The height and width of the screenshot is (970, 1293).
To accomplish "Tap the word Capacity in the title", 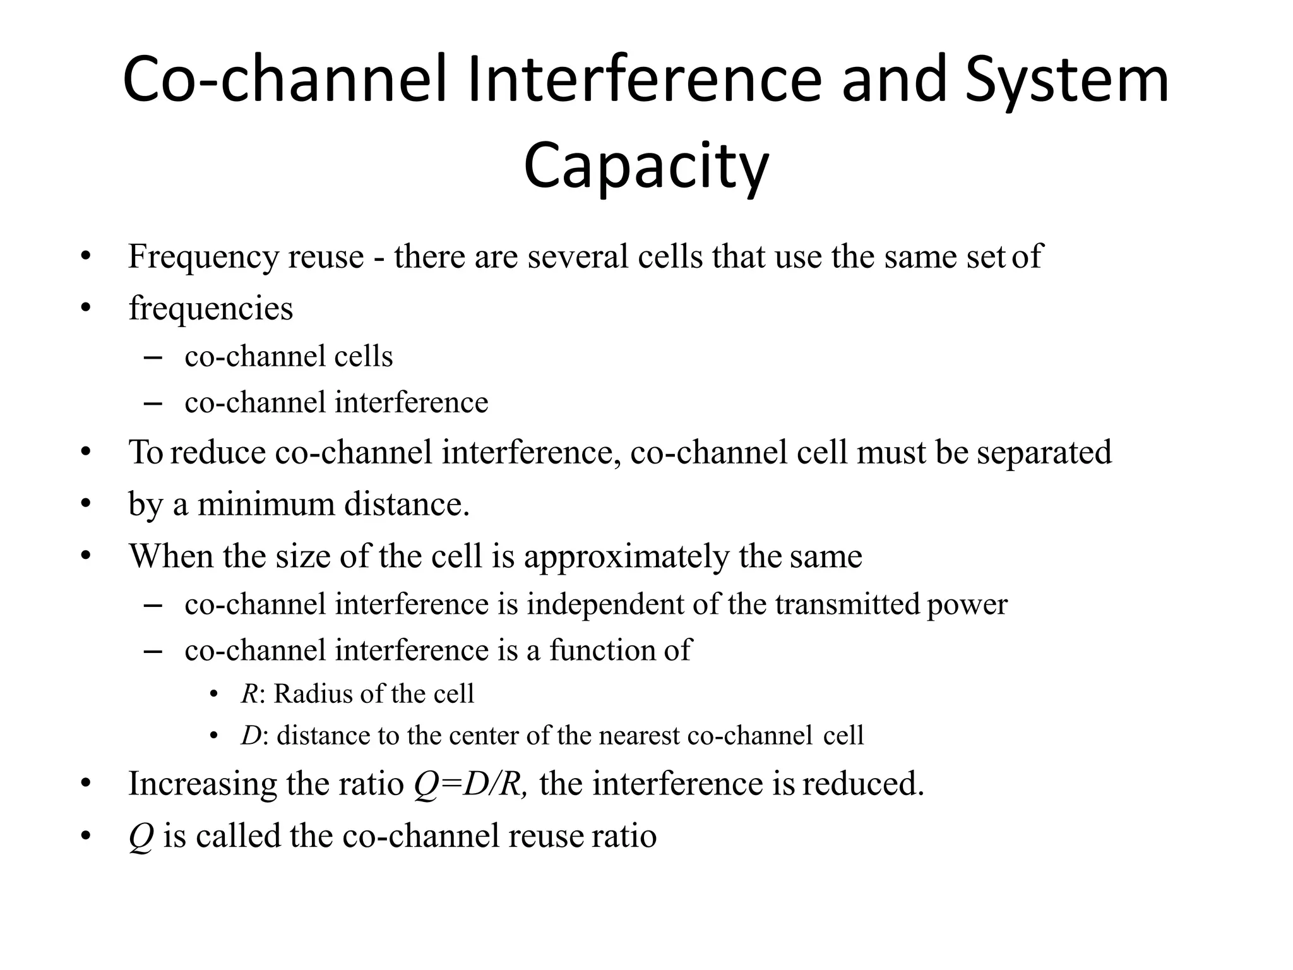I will [646, 166].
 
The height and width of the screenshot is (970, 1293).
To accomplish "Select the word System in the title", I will [1067, 81].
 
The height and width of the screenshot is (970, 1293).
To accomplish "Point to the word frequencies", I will [211, 309].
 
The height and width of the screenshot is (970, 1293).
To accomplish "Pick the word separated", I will [1044, 453].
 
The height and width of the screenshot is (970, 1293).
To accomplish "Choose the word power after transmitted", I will [967, 604].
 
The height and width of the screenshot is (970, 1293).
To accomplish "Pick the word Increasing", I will [203, 784].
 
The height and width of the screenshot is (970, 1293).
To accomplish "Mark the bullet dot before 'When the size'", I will [86, 557].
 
